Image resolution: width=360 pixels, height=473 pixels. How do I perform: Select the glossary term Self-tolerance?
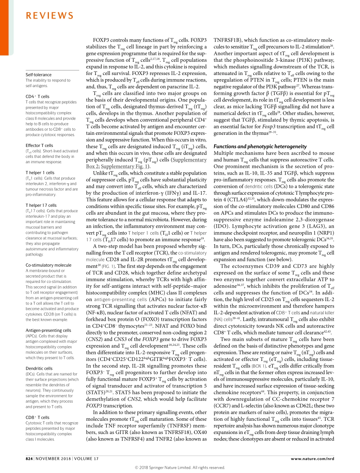pyautogui.click(x=38, y=75)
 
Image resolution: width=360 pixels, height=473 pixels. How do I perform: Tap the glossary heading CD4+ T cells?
pyautogui.click(x=38, y=97)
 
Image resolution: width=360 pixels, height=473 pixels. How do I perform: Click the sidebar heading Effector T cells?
pyautogui.click(x=39, y=145)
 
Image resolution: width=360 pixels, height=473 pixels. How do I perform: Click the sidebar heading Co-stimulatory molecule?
pyautogui.click(x=48, y=265)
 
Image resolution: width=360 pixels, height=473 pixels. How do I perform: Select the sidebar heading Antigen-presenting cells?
pyautogui.click(x=48, y=330)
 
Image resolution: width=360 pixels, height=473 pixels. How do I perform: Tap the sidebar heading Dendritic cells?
pyautogui.click(x=39, y=368)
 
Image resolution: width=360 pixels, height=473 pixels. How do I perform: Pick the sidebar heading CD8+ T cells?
pyautogui.click(x=38, y=417)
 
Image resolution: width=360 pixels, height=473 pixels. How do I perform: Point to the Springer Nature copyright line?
pyautogui.click(x=180, y=468)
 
